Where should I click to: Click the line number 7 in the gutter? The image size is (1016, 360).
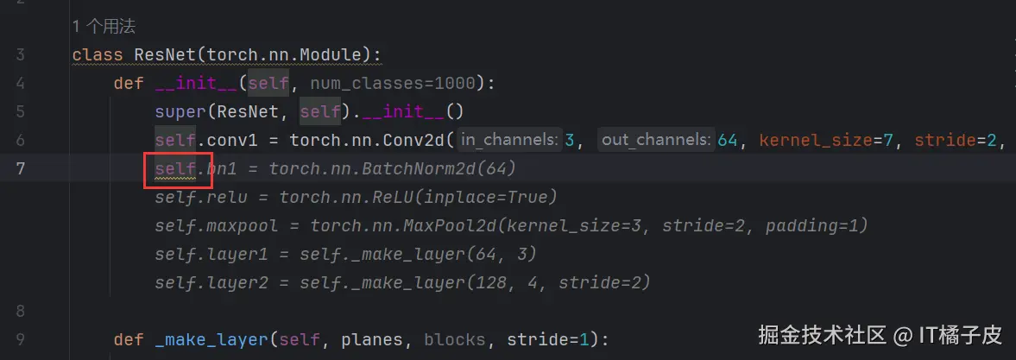pos(20,169)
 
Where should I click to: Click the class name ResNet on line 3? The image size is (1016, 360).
pos(165,55)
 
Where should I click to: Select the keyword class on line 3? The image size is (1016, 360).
pos(98,55)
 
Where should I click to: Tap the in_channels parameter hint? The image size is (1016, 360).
pos(508,141)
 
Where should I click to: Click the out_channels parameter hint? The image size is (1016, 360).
pos(656,141)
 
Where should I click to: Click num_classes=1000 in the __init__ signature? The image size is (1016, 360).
pos(393,84)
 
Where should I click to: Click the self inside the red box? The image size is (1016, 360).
pos(175,169)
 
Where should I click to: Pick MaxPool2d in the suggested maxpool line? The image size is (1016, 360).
pos(445,226)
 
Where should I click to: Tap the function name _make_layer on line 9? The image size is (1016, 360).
pos(211,340)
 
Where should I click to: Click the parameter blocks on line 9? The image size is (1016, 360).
pos(454,340)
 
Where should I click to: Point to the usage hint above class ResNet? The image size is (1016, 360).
pos(104,27)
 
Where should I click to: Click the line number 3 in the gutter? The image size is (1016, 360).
pos(20,55)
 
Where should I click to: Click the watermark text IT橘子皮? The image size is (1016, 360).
pos(961,335)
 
